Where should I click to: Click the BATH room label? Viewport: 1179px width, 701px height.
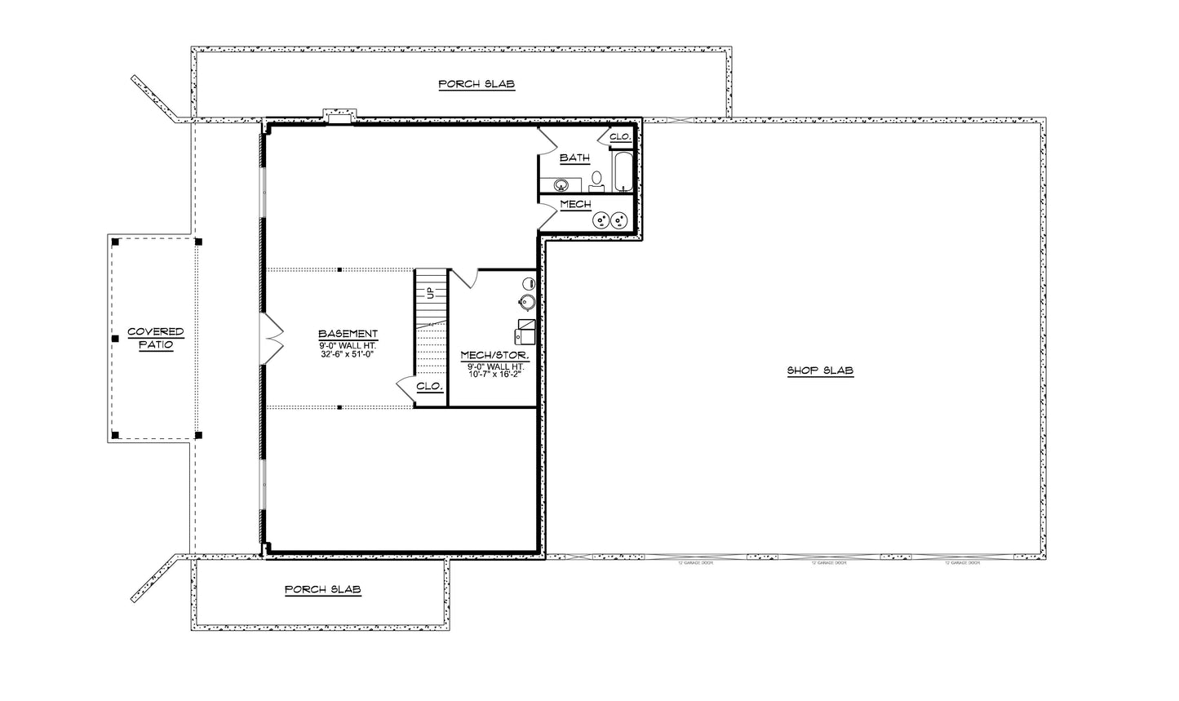click(574, 158)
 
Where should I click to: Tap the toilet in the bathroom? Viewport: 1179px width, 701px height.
click(596, 179)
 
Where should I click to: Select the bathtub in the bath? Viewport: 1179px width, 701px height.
click(623, 171)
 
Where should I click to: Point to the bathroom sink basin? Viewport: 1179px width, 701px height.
click(562, 183)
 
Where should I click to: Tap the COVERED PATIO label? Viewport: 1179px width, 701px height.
click(155, 339)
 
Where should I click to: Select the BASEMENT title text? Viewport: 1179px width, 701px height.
click(348, 334)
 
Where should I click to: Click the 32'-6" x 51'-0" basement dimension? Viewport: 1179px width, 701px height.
click(348, 354)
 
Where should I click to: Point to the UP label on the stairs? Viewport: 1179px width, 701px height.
click(430, 293)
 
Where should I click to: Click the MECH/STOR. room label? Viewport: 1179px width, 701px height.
click(494, 356)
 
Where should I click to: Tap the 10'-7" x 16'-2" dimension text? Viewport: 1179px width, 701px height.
click(494, 375)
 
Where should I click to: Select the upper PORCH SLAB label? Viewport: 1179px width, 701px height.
click(476, 84)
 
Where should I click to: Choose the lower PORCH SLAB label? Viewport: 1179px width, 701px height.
click(322, 589)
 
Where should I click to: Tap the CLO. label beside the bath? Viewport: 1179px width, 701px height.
click(620, 137)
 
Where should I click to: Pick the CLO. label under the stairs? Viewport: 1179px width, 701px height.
click(429, 387)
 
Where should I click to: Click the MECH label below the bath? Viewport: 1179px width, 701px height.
click(575, 204)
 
